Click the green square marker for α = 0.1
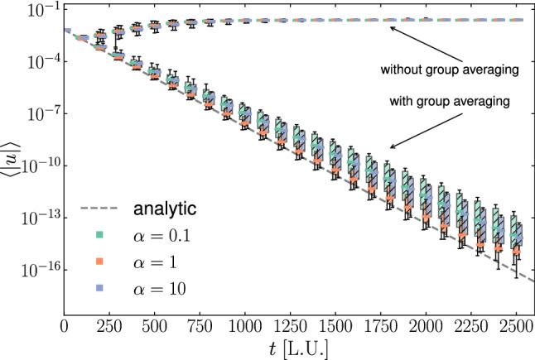pos(97,235)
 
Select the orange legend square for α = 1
pos(97,262)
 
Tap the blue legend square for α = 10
pos(97,288)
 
